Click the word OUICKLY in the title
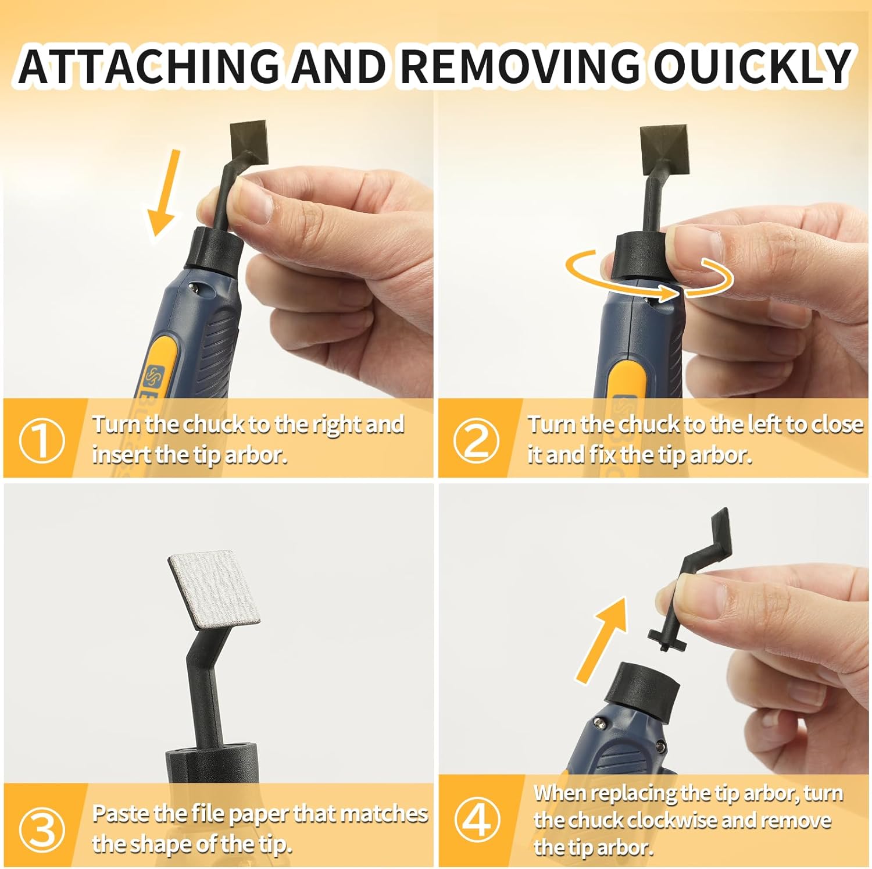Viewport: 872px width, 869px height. click(x=753, y=65)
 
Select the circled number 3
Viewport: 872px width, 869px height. click(x=41, y=828)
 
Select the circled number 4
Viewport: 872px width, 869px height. click(x=477, y=820)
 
